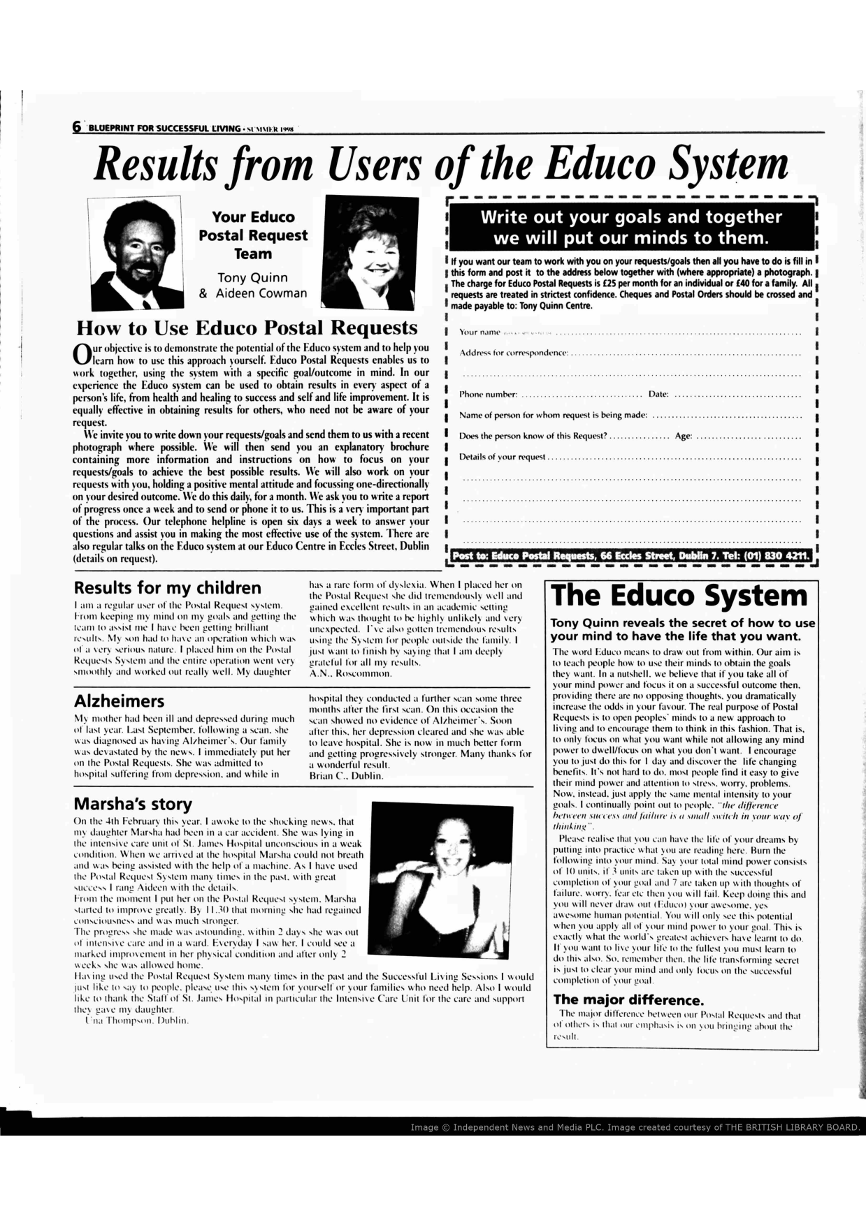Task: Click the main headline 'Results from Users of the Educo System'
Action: [x=441, y=165]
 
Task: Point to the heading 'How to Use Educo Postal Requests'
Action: [x=247, y=328]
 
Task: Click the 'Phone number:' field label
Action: [x=488, y=395]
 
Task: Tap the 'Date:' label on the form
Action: [x=658, y=395]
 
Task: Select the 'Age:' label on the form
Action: [x=683, y=437]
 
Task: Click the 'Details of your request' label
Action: [x=502, y=457]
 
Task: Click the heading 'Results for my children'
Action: [x=168, y=587]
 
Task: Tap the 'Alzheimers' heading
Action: [x=119, y=700]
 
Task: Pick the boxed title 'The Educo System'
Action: [x=679, y=595]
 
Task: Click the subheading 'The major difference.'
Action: [x=628, y=999]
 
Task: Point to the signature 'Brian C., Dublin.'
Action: [x=346, y=776]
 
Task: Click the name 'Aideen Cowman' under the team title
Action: [x=261, y=293]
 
